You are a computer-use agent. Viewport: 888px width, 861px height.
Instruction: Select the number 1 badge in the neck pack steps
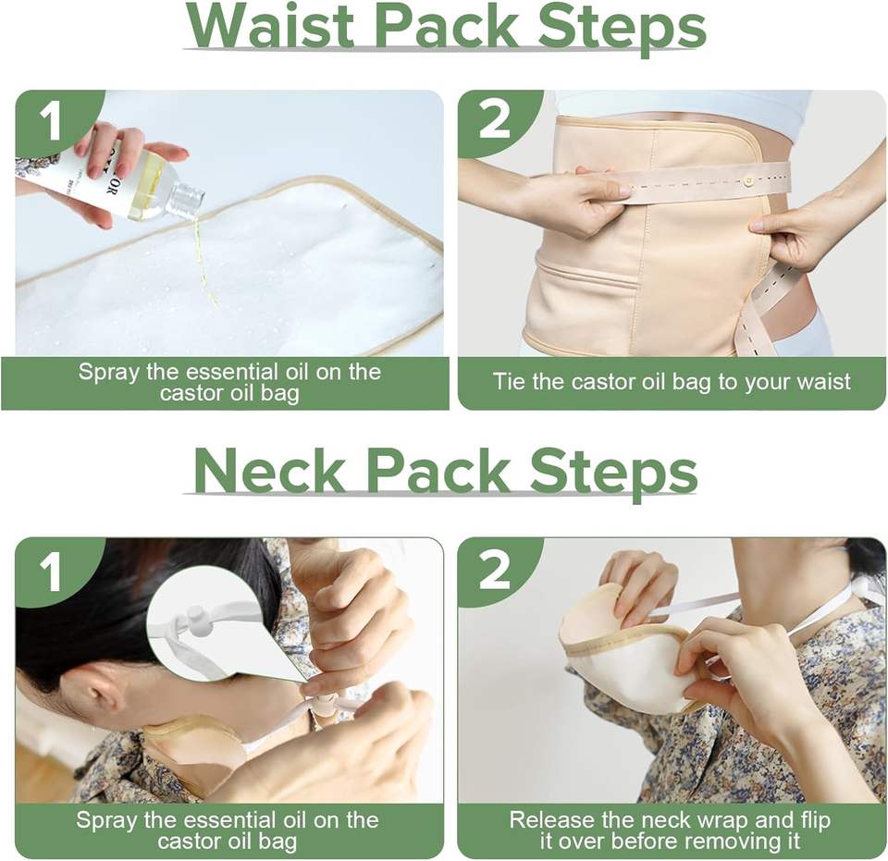(x=51, y=572)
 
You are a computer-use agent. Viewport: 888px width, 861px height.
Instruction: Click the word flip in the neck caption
(x=814, y=821)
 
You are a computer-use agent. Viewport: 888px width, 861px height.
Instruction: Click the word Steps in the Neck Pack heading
(x=612, y=473)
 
